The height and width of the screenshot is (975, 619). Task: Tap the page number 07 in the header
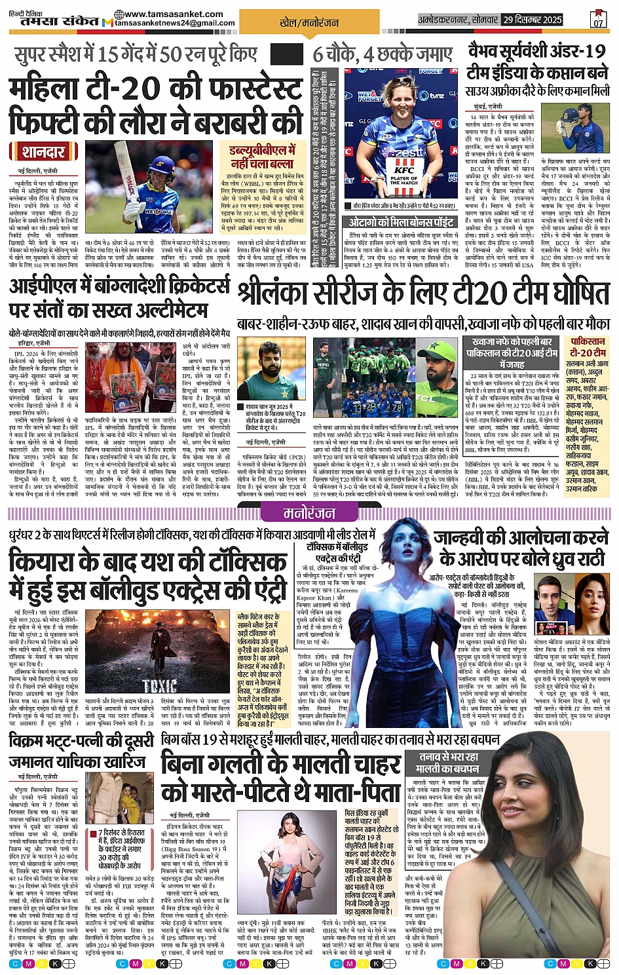click(x=597, y=23)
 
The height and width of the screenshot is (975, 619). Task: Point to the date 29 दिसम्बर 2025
click(x=533, y=20)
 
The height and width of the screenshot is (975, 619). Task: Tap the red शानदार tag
click(x=43, y=152)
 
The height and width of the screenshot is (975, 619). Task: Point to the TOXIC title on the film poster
click(x=160, y=686)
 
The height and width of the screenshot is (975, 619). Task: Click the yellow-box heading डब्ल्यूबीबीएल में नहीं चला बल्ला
click(x=262, y=157)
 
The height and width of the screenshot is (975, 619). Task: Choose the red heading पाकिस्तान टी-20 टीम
click(x=588, y=347)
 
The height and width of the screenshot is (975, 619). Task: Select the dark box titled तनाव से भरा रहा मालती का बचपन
click(x=448, y=762)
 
